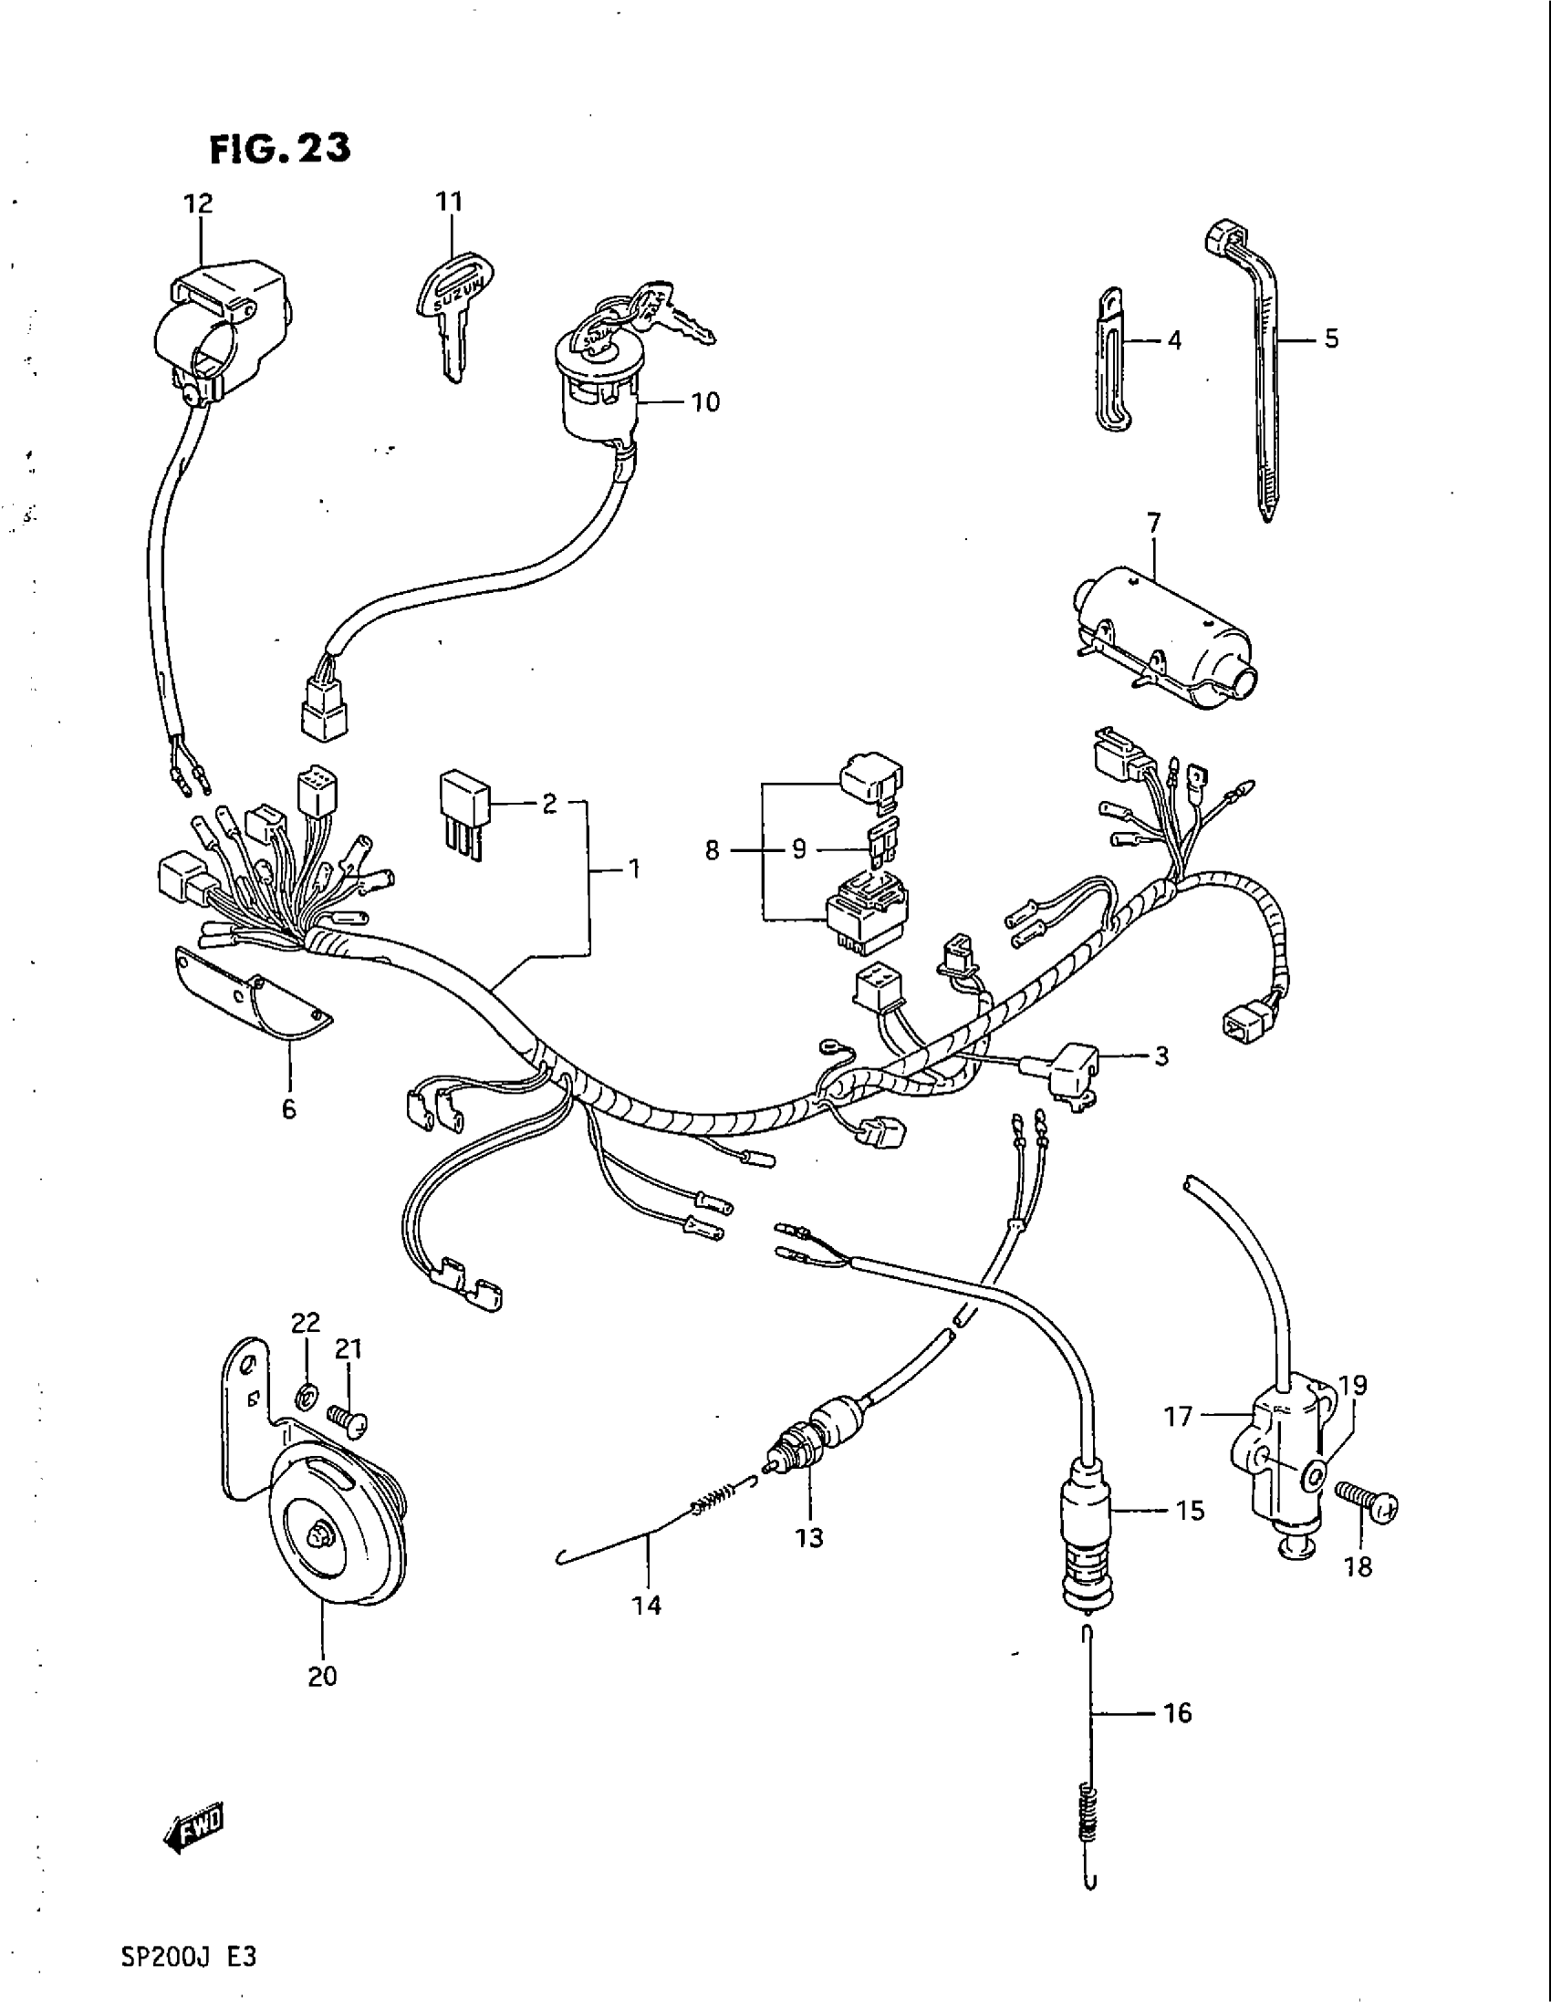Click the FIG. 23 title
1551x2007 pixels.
tap(280, 148)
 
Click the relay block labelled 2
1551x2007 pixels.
tap(463, 812)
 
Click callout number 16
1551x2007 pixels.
tap(1176, 1713)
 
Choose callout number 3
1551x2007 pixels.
tap(1161, 1056)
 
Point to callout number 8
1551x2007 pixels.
tap(713, 851)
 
